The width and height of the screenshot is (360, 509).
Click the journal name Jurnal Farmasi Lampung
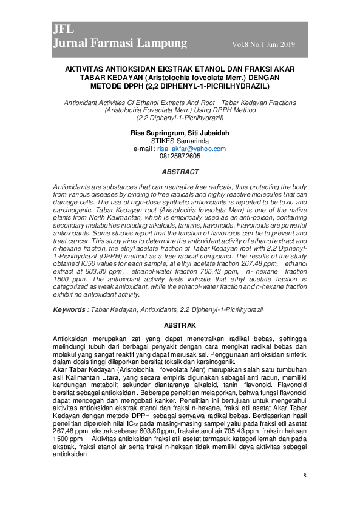click(x=120, y=43)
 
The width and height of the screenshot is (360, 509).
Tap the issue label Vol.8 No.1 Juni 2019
click(x=263, y=44)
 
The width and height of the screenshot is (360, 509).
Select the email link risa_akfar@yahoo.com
click(x=191, y=149)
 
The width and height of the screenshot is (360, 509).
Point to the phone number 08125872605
click(x=180, y=156)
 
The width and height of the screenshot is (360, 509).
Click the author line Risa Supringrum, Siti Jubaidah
click(x=180, y=133)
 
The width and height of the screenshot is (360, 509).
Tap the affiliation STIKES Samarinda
click(x=180, y=141)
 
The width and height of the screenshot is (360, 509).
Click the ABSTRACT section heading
click(x=180, y=172)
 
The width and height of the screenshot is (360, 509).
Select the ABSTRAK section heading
click(x=180, y=325)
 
